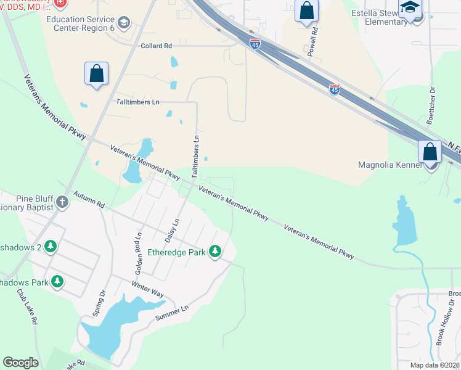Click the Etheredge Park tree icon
click(215, 251)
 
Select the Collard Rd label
click(156, 46)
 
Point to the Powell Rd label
click(314, 39)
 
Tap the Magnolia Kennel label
click(390, 165)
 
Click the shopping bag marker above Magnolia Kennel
click(430, 151)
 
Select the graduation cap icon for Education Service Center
click(124, 23)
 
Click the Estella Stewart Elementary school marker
click(410, 9)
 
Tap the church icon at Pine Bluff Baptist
click(62, 202)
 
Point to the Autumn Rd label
click(90, 199)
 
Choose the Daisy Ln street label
click(172, 230)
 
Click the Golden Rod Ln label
click(139, 253)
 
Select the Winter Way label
click(147, 289)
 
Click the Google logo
click(21, 363)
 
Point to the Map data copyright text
click(434, 365)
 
